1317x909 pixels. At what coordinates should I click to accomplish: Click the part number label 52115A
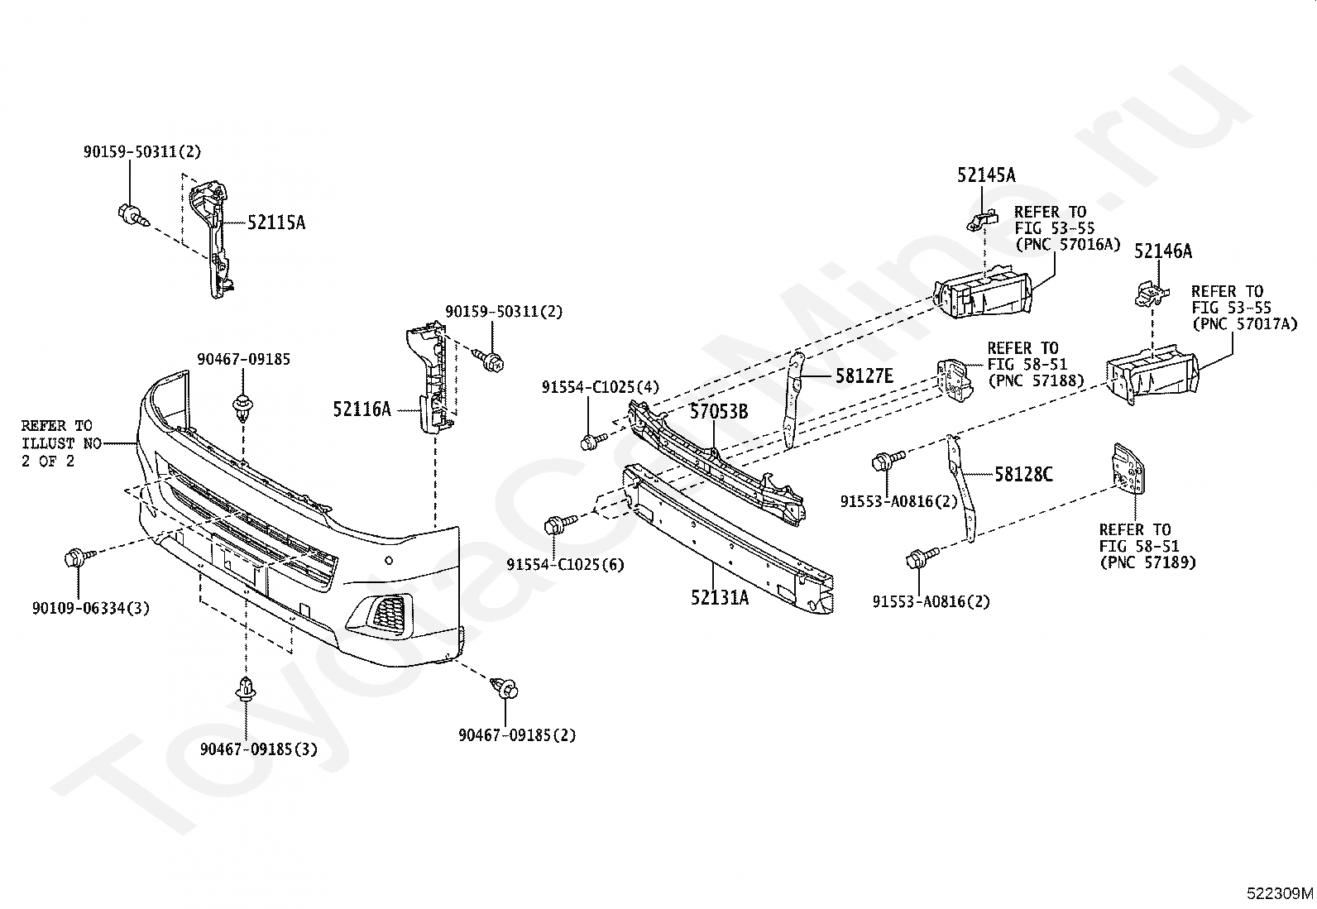276,222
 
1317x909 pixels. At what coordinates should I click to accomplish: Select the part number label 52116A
362,409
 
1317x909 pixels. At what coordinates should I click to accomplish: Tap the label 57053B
718,412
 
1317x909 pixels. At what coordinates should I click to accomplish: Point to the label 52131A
720,598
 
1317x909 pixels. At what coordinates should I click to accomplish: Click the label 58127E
864,376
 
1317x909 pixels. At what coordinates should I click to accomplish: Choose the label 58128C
1023,474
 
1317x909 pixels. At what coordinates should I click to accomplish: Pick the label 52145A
986,175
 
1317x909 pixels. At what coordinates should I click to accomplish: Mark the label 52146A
1163,251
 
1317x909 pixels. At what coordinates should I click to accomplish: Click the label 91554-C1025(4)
601,387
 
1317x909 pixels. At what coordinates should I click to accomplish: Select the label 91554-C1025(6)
566,564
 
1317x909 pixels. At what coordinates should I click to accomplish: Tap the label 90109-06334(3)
91,608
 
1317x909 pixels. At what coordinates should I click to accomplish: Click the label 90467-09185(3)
259,749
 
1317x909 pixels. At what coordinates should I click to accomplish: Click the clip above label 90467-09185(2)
505,687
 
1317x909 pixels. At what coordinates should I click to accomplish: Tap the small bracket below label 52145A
982,221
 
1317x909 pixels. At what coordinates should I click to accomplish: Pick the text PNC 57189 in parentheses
1147,562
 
